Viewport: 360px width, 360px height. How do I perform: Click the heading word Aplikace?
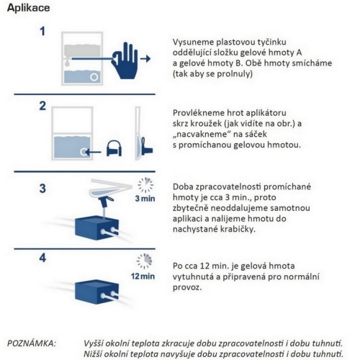coord(25,8)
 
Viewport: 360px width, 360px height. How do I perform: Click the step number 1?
coord(42,32)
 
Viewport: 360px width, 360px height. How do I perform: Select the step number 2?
coord(42,107)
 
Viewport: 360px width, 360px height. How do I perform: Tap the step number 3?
coord(42,189)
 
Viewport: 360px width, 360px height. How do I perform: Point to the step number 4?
coord(42,256)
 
